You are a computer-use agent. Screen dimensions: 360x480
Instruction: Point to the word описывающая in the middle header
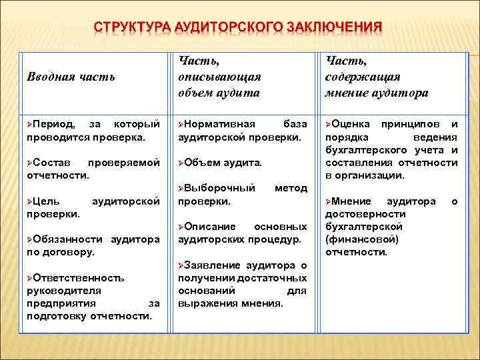click(x=219, y=77)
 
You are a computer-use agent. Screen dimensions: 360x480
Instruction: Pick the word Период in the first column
click(x=55, y=124)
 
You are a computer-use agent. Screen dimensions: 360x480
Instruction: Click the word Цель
click(x=47, y=201)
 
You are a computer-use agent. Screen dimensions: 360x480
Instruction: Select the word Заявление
click(x=213, y=265)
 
